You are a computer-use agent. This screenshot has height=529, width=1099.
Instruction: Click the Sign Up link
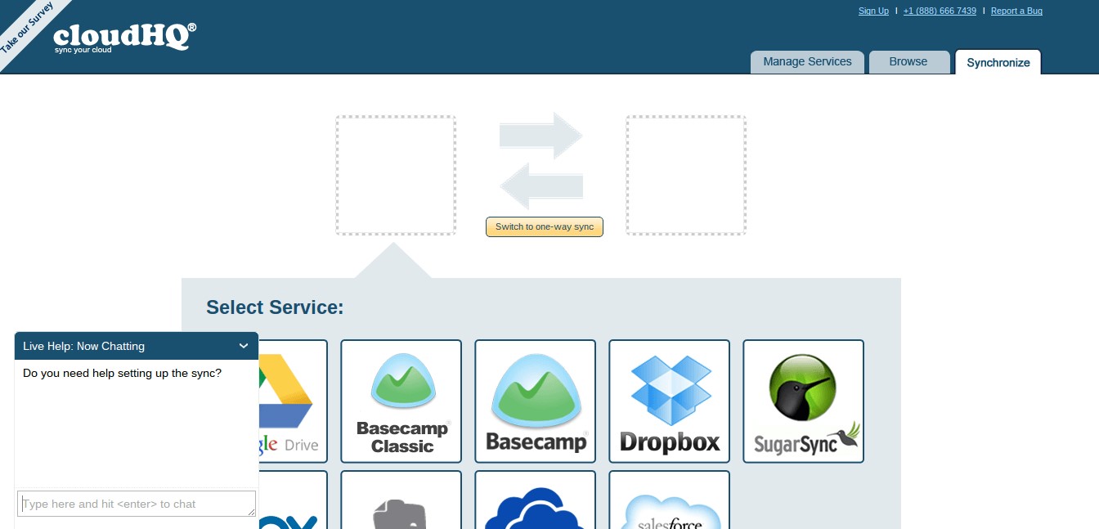coord(873,11)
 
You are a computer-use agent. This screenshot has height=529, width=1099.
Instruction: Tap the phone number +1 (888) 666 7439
coord(940,11)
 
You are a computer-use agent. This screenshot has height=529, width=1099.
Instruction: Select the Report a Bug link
coord(1016,11)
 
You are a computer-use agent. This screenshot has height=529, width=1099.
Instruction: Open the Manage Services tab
coord(807,62)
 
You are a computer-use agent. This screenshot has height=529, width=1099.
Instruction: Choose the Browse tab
coord(908,62)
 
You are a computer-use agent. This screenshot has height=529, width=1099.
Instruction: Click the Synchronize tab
coord(998,62)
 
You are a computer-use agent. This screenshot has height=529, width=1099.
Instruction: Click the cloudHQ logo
coord(123,37)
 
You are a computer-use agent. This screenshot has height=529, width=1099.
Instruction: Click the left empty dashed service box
coord(395,175)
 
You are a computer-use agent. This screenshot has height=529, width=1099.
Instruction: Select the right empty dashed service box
coord(686,175)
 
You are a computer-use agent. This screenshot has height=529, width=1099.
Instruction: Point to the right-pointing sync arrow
coord(542,136)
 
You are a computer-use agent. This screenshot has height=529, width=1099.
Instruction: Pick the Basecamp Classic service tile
coord(401,401)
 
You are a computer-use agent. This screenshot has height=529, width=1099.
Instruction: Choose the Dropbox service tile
coord(669,401)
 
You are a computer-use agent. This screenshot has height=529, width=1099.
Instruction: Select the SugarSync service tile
coord(803,401)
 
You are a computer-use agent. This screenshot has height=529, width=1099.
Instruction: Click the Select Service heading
coord(275,307)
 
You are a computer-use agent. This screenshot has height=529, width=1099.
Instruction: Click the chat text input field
coord(137,504)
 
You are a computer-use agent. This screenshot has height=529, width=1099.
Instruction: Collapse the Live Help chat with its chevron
coord(244,346)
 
